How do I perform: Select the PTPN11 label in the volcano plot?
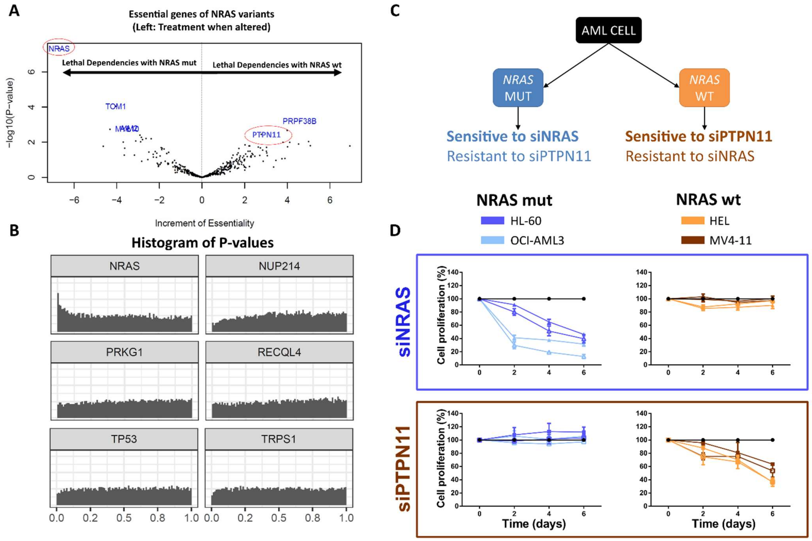266,135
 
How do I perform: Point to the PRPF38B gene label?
299,121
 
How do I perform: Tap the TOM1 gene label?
116,107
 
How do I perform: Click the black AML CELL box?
608,30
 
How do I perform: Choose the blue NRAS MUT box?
518,88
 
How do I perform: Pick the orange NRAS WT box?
704,88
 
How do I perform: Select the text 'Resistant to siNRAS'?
690,156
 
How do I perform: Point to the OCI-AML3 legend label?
537,240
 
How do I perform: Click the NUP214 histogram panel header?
279,266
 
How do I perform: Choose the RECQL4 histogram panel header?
279,352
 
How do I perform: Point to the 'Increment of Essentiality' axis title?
204,224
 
